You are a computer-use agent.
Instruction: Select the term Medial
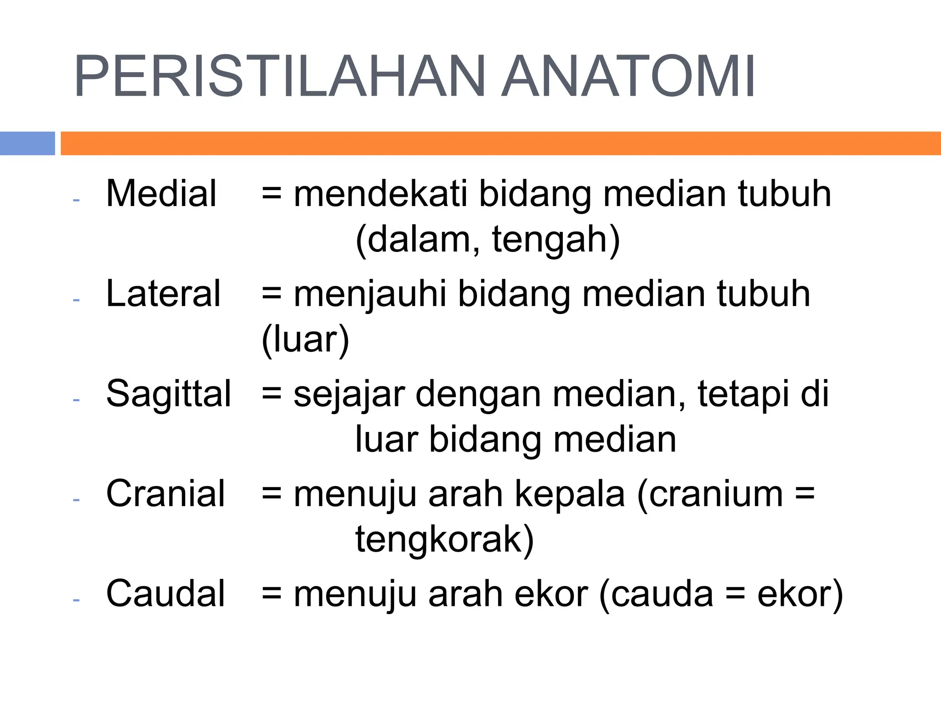161,194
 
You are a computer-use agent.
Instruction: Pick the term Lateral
164,294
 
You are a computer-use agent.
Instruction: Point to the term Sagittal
169,394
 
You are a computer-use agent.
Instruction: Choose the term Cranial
165,494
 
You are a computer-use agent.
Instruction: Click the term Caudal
165,593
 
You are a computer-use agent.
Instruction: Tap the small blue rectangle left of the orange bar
27,143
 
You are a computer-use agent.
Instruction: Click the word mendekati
380,194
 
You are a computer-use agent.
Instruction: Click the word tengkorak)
444,539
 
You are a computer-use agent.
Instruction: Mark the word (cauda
657,594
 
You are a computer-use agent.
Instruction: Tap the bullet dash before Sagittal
76,400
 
